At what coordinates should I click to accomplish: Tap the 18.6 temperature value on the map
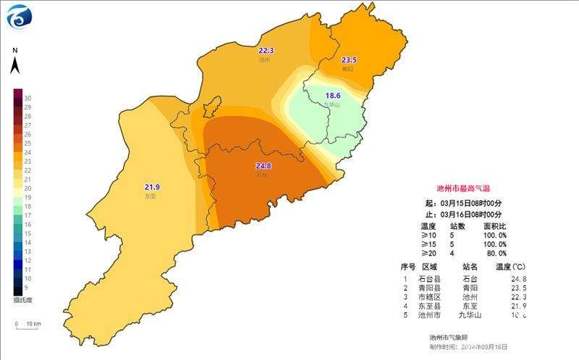[332, 96]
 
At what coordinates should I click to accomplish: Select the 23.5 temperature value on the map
[350, 60]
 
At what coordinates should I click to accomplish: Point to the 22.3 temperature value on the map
[266, 51]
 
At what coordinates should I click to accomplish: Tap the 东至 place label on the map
[151, 196]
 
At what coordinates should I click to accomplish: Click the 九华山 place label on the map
[331, 104]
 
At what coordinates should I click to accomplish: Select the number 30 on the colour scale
[28, 98]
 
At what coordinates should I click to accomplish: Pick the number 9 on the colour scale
[28, 287]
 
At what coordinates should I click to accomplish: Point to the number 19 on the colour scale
[28, 197]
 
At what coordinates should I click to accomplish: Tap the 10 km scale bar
[28, 323]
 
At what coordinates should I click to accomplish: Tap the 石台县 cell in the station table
[428, 278]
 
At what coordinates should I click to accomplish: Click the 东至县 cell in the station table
[428, 306]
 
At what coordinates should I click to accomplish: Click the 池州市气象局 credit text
[447, 337]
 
